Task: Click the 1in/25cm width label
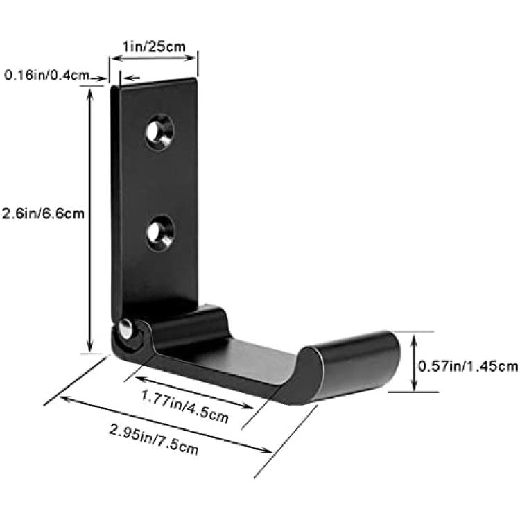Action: pyautogui.click(x=154, y=46)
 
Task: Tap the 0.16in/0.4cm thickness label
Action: pyautogui.click(x=46, y=76)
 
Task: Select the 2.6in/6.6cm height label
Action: pyautogui.click(x=43, y=214)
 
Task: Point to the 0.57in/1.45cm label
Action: pyautogui.click(x=467, y=366)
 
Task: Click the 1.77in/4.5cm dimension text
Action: pyautogui.click(x=185, y=406)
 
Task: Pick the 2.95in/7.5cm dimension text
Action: pyautogui.click(x=154, y=439)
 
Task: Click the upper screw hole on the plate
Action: pyautogui.click(x=160, y=131)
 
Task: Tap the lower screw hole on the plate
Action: pyautogui.click(x=160, y=233)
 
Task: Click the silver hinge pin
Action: pyautogui.click(x=125, y=329)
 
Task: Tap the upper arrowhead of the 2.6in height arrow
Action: pyautogui.click(x=89, y=94)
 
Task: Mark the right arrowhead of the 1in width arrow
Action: pyautogui.click(x=191, y=58)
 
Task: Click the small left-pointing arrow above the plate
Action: pyautogui.click(x=132, y=78)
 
